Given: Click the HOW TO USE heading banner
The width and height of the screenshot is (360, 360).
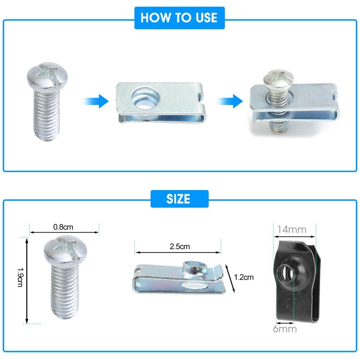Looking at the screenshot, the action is pyautogui.click(x=179, y=18).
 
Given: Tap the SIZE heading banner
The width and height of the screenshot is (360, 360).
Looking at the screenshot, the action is pyautogui.click(x=179, y=199).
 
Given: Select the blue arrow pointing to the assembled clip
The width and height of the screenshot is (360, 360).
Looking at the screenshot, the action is pyautogui.click(x=229, y=101).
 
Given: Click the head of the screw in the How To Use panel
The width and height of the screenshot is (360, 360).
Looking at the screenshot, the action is pyautogui.click(x=47, y=75).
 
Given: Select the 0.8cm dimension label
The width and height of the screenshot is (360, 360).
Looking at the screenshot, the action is pyautogui.click(x=63, y=227).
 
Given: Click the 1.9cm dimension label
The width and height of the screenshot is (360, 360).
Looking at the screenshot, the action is pyautogui.click(x=20, y=277).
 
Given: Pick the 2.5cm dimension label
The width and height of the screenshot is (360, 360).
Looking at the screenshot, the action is pyautogui.click(x=180, y=247).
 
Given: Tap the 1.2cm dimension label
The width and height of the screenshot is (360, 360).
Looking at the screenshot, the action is pyautogui.click(x=244, y=277).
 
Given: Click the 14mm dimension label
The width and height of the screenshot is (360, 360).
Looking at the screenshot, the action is pyautogui.click(x=292, y=230).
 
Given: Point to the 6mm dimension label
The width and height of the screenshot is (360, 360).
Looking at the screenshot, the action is pyautogui.click(x=285, y=329).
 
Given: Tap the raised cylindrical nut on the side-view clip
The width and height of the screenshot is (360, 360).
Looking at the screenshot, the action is pyautogui.click(x=195, y=268).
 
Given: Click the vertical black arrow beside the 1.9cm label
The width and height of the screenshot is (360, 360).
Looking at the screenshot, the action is pyautogui.click(x=27, y=280).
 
